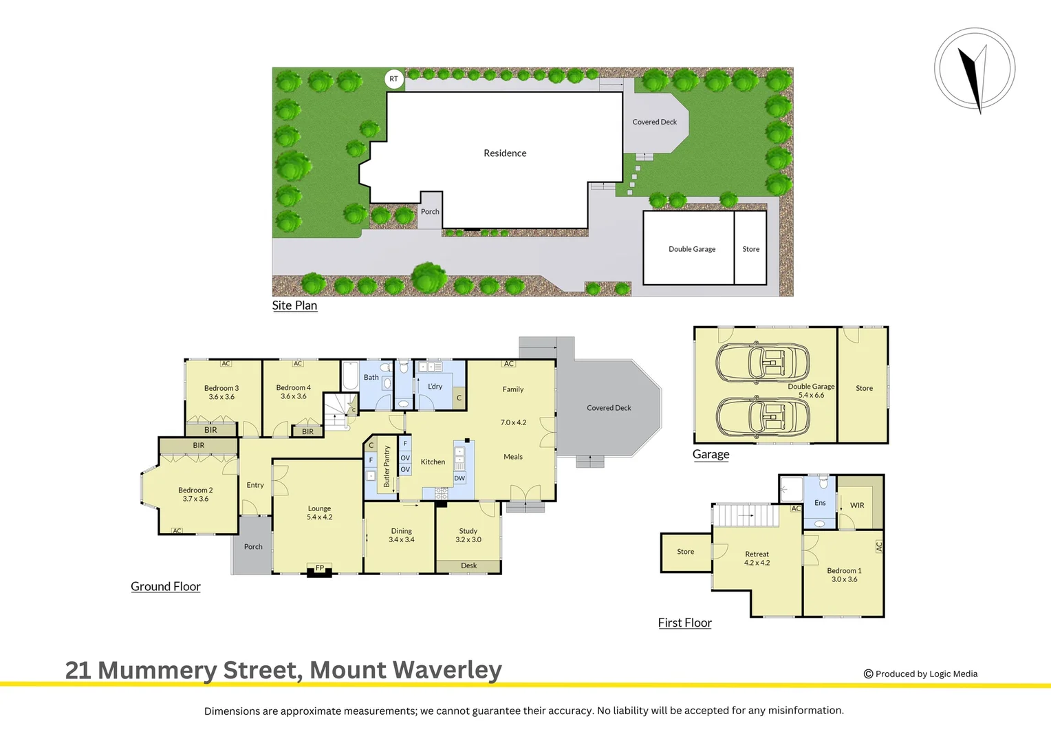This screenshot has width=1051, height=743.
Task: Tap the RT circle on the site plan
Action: coord(393,79)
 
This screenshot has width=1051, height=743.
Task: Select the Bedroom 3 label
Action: coord(221,388)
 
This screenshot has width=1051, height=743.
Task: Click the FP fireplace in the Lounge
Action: coord(320,568)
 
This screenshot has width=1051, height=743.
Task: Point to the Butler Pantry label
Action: coord(387,466)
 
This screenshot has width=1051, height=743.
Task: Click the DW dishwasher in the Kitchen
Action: coord(459,478)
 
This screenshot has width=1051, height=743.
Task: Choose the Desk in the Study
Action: coord(468,566)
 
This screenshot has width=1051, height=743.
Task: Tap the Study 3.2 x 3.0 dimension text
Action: coord(468,540)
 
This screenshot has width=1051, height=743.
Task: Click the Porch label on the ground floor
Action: coord(253,547)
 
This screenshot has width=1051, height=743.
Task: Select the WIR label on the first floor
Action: coord(857,506)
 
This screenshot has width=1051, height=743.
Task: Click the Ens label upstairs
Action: coord(820,503)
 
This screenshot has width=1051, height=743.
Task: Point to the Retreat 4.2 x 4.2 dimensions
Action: coord(757,563)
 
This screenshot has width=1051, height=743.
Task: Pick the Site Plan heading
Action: coord(294,305)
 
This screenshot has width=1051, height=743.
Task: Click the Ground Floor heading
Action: coord(166,587)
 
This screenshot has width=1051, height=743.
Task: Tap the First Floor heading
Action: coord(684,623)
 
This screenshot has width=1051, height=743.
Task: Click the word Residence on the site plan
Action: coord(505,153)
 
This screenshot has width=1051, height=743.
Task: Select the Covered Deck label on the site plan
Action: coord(655,122)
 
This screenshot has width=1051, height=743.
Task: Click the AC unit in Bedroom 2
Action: coord(177,530)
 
